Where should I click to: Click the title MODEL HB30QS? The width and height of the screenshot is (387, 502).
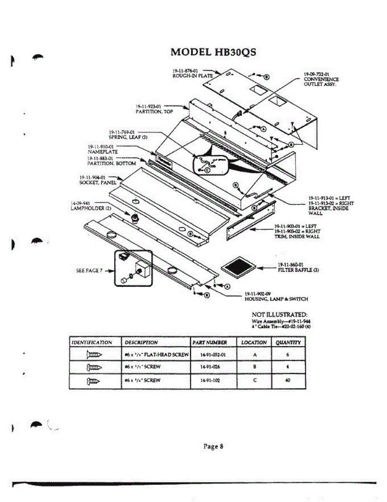pos(213,53)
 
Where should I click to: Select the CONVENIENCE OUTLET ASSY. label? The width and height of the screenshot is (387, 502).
pos(321,82)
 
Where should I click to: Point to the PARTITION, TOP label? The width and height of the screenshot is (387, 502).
pos(154,112)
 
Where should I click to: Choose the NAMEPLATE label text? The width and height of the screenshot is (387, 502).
pos(103,152)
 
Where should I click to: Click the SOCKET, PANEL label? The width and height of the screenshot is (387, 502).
pos(98,183)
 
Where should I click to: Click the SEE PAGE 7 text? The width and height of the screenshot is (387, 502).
pos(89,271)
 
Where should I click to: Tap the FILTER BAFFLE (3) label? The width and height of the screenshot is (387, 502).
pos(298,270)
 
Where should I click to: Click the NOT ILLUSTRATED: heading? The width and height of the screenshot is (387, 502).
pos(280,314)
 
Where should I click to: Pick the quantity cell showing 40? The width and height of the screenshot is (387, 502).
pos(288,380)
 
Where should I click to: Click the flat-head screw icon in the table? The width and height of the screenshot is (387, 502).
pos(94,354)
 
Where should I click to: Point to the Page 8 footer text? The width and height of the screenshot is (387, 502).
pos(213,446)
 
